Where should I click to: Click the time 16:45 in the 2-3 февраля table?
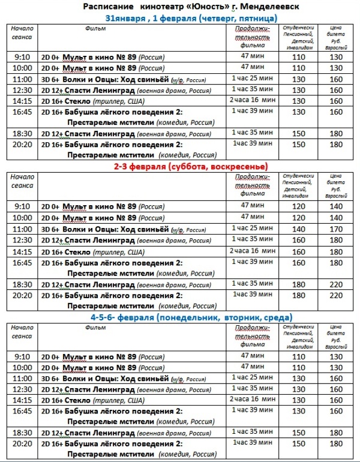click(22, 262)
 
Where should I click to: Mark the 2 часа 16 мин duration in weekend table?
click(253, 250)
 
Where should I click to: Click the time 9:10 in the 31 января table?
click(22, 57)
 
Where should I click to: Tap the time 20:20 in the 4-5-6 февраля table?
click(22, 443)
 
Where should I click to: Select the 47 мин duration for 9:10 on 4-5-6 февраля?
click(253, 356)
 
